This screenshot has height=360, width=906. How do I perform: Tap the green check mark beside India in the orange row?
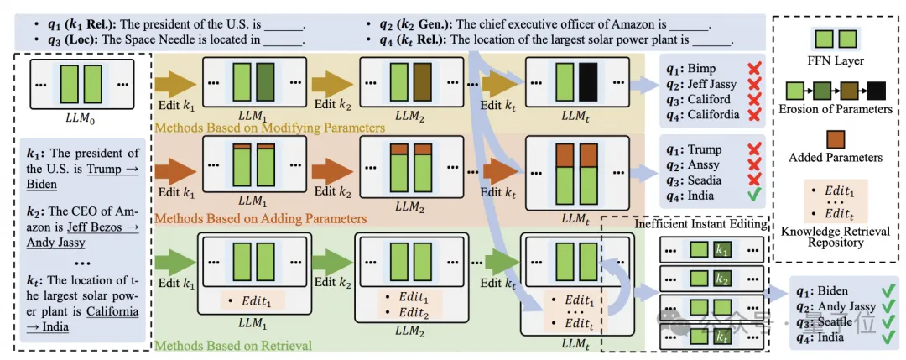pyautogui.click(x=754, y=196)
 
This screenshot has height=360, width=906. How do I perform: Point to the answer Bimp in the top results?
pyautogui.click(x=705, y=67)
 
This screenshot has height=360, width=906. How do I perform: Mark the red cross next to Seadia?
pyautogui.click(x=754, y=180)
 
